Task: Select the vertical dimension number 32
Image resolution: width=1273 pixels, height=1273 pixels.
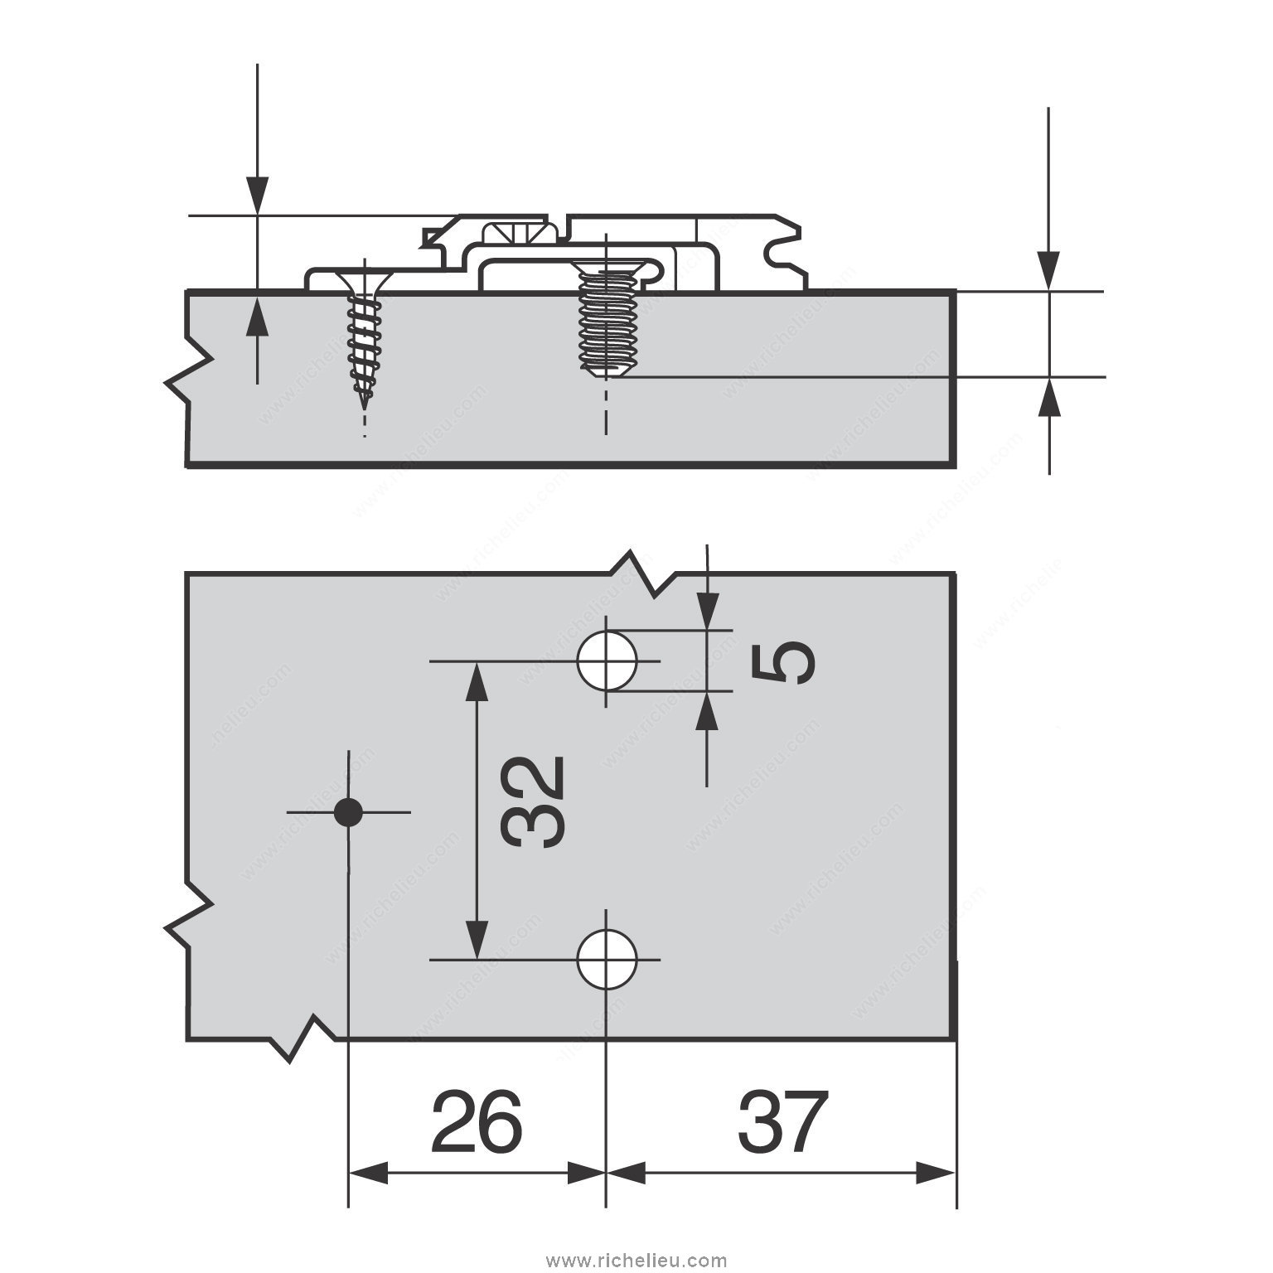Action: [535, 801]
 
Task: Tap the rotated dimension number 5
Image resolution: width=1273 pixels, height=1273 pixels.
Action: [783, 662]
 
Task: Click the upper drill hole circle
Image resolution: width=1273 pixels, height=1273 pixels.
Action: [607, 661]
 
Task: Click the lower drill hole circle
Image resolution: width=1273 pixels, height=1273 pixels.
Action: [607, 960]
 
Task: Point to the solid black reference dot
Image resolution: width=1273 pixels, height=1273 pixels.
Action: [348, 812]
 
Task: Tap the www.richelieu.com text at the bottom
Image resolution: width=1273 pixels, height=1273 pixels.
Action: [636, 1261]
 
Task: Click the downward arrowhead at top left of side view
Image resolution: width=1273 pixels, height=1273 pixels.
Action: [257, 196]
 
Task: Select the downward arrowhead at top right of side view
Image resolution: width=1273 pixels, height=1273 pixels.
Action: [1049, 270]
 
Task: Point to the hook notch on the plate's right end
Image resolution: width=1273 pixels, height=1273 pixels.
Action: [779, 247]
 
